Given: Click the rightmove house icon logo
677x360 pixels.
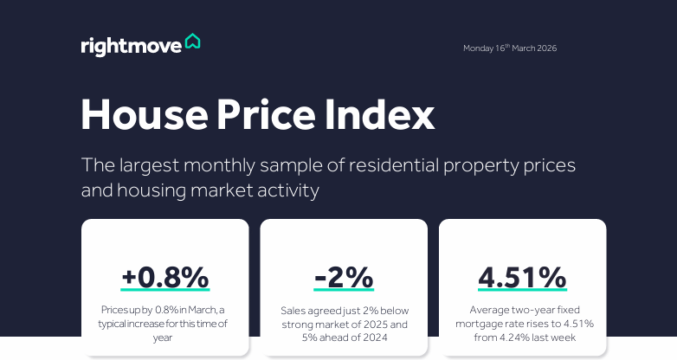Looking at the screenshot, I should point(192,42).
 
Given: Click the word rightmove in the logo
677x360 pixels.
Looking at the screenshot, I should point(131,45).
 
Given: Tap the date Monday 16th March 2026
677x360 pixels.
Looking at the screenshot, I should point(509,48).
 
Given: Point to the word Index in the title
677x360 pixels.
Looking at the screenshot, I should point(387,115).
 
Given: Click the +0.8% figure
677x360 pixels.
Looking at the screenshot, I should point(165,277).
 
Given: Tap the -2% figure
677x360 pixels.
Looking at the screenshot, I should point(344,277).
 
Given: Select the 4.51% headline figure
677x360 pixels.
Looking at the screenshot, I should point(522,277).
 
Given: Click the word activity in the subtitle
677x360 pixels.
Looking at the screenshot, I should point(286,190).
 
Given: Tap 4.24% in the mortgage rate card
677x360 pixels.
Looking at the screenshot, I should point(528,337).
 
